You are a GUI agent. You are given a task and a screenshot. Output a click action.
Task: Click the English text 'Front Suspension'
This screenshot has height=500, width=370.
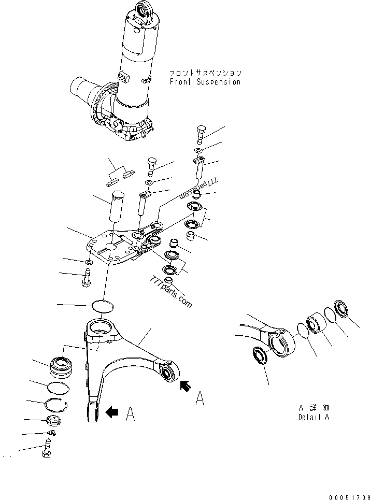(205, 82)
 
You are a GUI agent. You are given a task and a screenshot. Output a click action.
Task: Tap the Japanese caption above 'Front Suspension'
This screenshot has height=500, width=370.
(205, 73)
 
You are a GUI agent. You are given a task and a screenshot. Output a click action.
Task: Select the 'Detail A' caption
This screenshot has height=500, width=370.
(314, 417)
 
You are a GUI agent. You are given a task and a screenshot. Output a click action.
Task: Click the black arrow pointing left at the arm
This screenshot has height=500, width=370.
(111, 412)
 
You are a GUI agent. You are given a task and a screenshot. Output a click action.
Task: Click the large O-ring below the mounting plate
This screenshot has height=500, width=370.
(103, 306)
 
